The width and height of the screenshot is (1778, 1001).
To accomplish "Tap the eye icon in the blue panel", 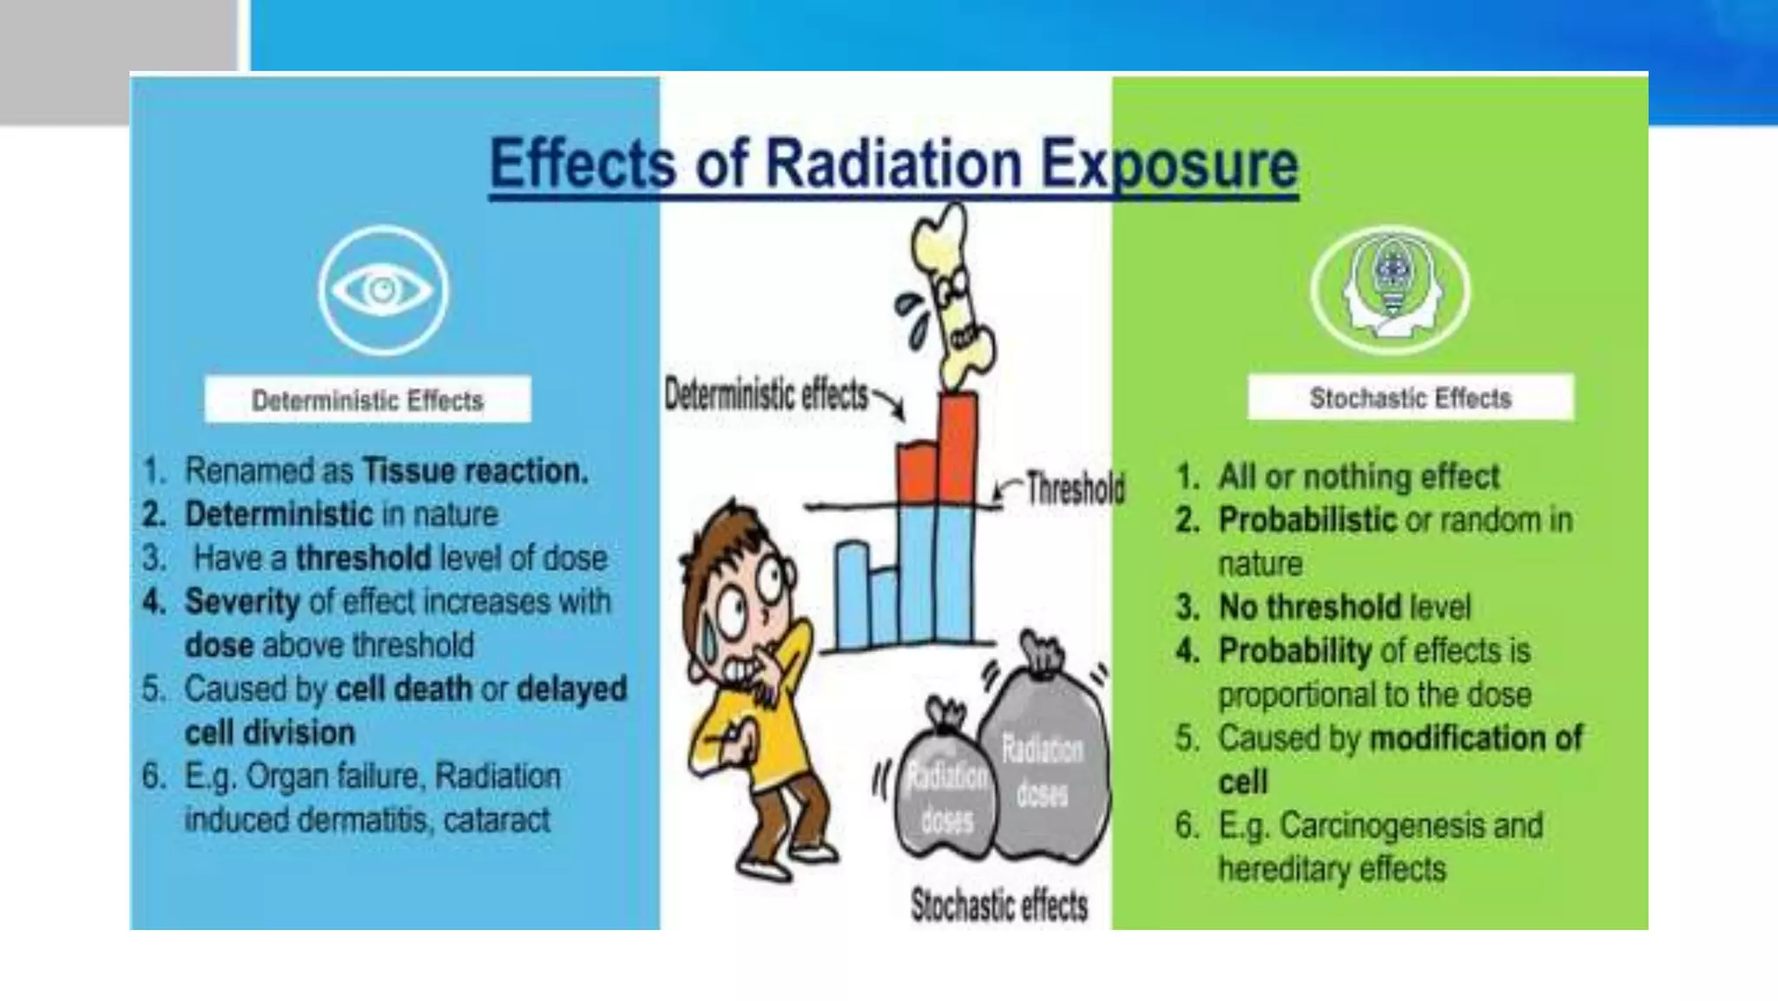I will click(x=383, y=289).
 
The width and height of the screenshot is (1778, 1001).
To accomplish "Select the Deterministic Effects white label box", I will click(x=367, y=399).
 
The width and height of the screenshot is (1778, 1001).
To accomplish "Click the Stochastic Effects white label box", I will click(x=1410, y=398).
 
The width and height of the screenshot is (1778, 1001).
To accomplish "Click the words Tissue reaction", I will click(x=474, y=471).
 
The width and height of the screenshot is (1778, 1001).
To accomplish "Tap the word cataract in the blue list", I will click(x=497, y=820).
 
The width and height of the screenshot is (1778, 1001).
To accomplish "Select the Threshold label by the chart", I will click(x=1075, y=488).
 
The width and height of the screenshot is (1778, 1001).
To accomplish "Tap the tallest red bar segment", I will click(x=958, y=447).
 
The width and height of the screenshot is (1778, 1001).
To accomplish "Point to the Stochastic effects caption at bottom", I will click(x=998, y=906).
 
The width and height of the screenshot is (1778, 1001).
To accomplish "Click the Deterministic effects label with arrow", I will click(x=766, y=395).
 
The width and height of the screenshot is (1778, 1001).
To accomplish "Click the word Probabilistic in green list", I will click(x=1307, y=520).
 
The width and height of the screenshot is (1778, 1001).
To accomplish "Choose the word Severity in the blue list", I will click(x=241, y=601).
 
